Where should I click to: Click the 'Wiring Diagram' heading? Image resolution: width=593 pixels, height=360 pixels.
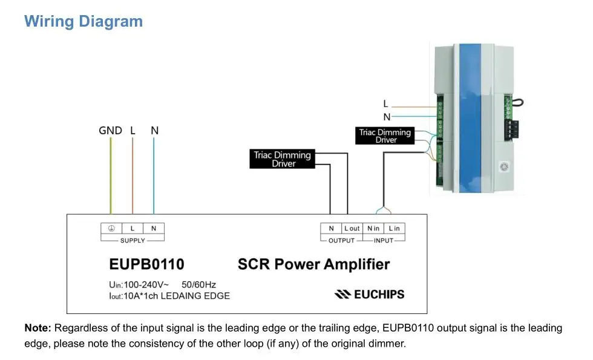pos(84,22)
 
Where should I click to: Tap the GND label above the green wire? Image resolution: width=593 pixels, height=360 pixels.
pos(110,131)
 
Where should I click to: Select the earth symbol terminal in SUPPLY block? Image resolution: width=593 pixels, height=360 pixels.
pos(111,229)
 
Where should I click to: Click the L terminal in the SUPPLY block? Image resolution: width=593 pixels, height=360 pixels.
pos(133,229)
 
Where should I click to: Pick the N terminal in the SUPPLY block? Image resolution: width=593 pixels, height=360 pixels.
pos(154,229)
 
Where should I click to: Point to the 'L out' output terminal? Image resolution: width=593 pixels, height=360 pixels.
pos(352,229)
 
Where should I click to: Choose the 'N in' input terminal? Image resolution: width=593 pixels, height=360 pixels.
pos(373,229)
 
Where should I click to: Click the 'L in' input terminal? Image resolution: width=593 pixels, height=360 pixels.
pos(394,229)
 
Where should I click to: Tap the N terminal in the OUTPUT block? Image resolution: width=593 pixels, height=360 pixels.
pos(332,229)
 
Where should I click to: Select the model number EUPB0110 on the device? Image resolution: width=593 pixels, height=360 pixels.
pos(146,264)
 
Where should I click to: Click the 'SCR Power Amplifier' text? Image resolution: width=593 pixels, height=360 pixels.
pos(313,264)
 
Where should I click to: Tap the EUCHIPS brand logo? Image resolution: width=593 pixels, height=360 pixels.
pos(370,294)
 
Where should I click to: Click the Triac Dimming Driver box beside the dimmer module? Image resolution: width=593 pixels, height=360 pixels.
pos(385,136)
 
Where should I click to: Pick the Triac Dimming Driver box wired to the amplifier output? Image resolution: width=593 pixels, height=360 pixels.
pos(282,159)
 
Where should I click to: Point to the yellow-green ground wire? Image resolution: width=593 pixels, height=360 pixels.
pos(111,175)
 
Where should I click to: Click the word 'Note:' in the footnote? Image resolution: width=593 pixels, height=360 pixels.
pos(38,328)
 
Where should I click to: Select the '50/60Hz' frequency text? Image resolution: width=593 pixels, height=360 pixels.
pos(198,285)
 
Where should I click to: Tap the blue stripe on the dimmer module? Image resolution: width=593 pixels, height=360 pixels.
pos(470,118)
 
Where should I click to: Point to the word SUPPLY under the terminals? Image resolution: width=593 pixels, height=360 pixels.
pos(133,241)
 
